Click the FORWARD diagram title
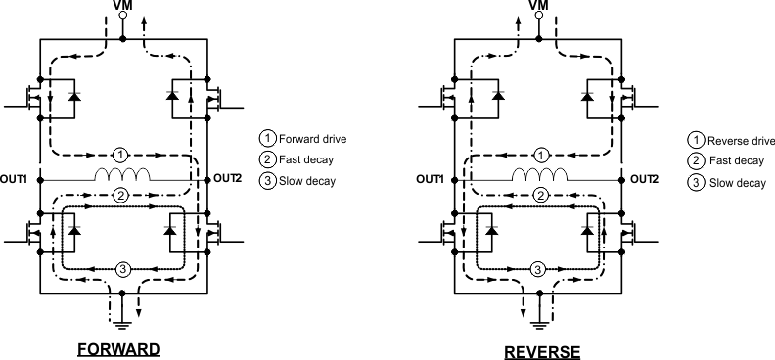(121, 349)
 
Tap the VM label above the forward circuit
(122, 8)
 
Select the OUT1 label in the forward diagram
(18, 179)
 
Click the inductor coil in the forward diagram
(121, 176)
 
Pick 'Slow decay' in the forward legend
(307, 181)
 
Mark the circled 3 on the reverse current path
(536, 269)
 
